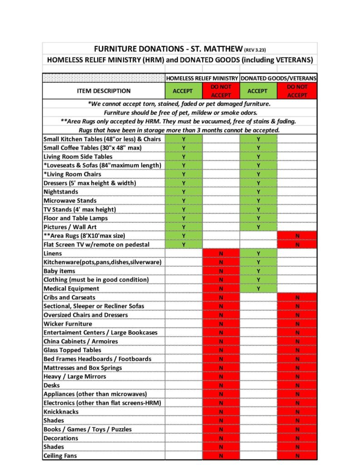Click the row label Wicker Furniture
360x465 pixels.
pyautogui.click(x=68, y=324)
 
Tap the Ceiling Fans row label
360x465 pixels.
pyautogui.click(x=60, y=455)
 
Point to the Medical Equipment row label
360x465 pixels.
pyautogui.click(x=71, y=288)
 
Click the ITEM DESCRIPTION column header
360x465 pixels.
pyautogui.click(x=104, y=91)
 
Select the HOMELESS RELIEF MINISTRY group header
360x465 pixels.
pyautogui.click(x=202, y=78)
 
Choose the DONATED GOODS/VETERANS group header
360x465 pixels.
pyautogui.click(x=279, y=78)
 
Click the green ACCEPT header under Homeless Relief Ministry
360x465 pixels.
pyautogui.click(x=183, y=91)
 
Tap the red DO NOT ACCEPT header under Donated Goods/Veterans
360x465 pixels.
pyautogui.click(x=297, y=91)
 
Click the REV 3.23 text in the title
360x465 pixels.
pyautogui.click(x=259, y=49)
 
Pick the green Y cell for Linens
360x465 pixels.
pyautogui.click(x=258, y=253)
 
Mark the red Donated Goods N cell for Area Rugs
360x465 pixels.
pyautogui.click(x=297, y=236)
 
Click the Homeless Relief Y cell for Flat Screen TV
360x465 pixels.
pyautogui.click(x=184, y=244)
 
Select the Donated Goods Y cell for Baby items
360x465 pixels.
pyautogui.click(x=258, y=271)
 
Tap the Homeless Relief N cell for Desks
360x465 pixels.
pyautogui.click(x=221, y=386)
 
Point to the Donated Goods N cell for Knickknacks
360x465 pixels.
pyautogui.click(x=297, y=412)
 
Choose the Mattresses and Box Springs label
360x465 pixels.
pyautogui.click(x=83, y=368)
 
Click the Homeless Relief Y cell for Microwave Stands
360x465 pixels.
pyautogui.click(x=184, y=201)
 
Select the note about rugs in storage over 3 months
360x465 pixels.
pyautogui.click(x=180, y=130)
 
